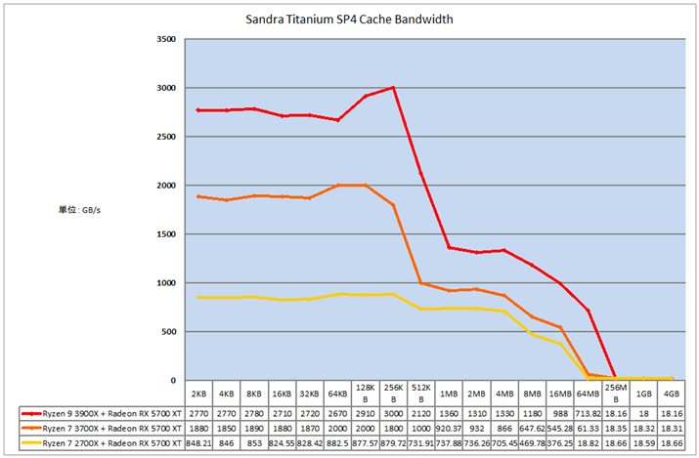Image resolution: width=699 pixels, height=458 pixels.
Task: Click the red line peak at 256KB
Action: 393,88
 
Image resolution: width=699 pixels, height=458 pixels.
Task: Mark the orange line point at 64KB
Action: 337,186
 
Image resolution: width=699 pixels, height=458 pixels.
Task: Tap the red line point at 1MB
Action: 449,248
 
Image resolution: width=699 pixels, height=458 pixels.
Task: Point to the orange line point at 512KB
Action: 421,283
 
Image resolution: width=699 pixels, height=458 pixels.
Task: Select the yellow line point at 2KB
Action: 199,298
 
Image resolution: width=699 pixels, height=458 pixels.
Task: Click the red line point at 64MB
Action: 589,311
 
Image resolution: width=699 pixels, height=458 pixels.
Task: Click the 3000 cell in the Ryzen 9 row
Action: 393,414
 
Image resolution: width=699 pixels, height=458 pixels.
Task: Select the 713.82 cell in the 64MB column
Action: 589,414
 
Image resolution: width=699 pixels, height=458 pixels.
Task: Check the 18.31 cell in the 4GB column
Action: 672,428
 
